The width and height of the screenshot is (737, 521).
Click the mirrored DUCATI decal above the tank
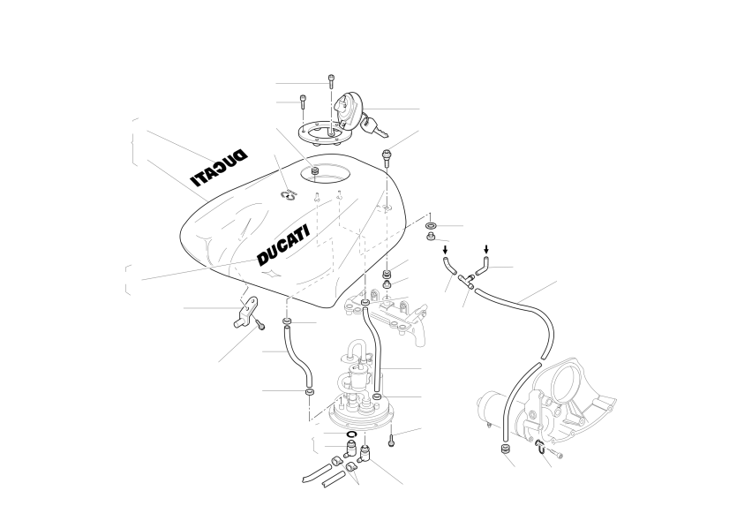(x=219, y=168)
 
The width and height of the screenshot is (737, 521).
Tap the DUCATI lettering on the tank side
(x=283, y=245)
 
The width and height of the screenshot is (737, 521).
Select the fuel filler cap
(x=349, y=110)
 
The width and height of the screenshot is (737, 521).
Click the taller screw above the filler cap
(x=331, y=81)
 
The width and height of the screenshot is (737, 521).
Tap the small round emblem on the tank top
(x=288, y=194)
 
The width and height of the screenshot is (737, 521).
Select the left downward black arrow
(x=445, y=249)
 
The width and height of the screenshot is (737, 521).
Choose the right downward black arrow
(x=486, y=249)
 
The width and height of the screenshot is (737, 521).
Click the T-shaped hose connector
(x=467, y=280)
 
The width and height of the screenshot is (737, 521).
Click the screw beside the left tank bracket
(x=259, y=323)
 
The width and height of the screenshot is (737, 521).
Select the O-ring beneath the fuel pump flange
(x=351, y=433)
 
